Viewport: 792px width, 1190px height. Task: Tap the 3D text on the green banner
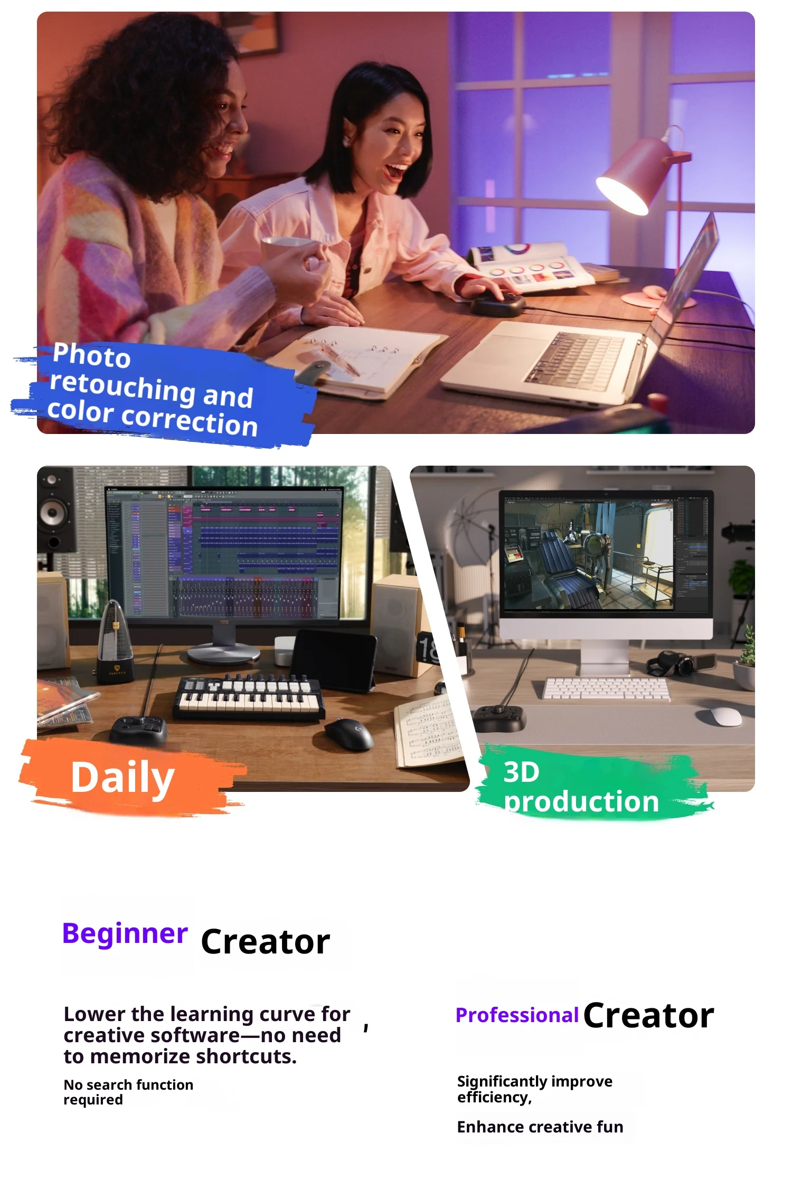coord(521,772)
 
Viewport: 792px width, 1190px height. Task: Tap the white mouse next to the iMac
coord(726,716)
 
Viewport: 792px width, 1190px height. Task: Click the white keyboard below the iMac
coord(607,688)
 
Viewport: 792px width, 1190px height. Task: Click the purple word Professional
coord(517,1015)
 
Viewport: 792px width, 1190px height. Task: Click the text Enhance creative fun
coord(540,1127)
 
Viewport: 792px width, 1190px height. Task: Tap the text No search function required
coord(128,1092)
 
